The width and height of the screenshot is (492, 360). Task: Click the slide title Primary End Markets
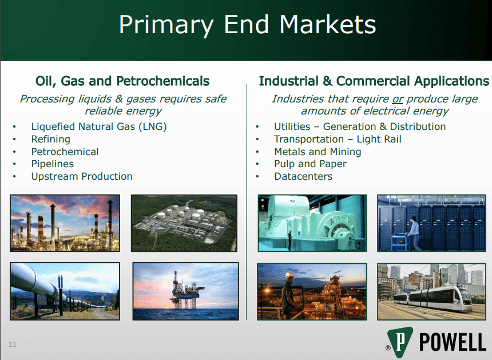pyautogui.click(x=247, y=26)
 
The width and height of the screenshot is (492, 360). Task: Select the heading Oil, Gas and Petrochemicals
pyautogui.click(x=122, y=81)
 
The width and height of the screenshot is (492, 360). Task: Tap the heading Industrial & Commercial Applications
pyautogui.click(x=374, y=81)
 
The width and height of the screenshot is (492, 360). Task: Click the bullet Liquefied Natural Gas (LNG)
pyautogui.click(x=98, y=126)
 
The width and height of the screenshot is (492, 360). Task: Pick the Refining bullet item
pyautogui.click(x=50, y=139)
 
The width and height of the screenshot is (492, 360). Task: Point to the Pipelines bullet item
pyautogui.click(x=52, y=164)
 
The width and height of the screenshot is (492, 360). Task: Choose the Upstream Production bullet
pyautogui.click(x=81, y=176)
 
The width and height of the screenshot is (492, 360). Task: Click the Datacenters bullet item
pyautogui.click(x=303, y=176)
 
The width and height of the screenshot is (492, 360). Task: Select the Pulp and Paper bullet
pyautogui.click(x=310, y=164)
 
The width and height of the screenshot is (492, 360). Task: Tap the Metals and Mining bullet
pyautogui.click(x=318, y=152)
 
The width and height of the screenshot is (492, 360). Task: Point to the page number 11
pyautogui.click(x=13, y=344)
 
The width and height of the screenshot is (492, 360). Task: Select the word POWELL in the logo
pyautogui.click(x=452, y=342)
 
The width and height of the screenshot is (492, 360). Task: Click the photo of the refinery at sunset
pyautogui.click(x=65, y=223)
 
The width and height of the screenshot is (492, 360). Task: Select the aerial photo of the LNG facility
pyautogui.click(x=184, y=223)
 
